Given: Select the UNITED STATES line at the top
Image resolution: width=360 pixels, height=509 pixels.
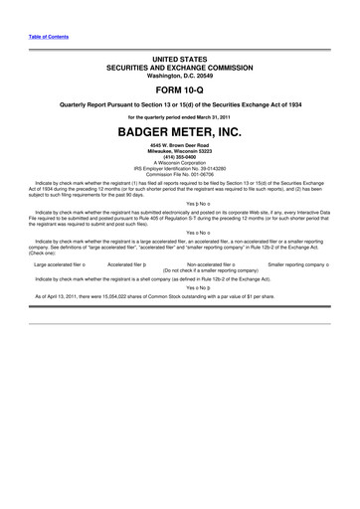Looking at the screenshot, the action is [x=179, y=61].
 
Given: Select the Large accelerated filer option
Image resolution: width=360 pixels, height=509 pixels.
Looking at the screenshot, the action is [x=59, y=264].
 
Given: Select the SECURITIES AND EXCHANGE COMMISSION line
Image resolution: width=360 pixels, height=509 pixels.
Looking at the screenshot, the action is [x=179, y=69].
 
